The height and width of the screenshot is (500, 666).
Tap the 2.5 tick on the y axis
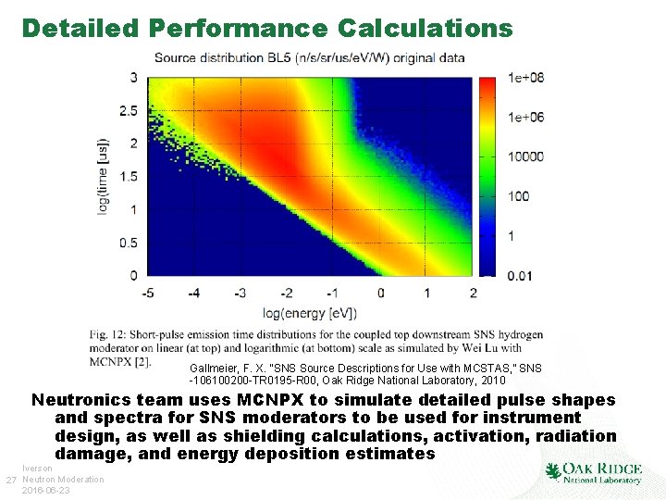128,111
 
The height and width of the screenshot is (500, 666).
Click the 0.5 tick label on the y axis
128,243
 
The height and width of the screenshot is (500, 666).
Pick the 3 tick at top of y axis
134,78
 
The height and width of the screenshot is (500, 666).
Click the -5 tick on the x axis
145,294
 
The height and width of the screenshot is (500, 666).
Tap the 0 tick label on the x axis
380,294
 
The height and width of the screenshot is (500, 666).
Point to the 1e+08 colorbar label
525,79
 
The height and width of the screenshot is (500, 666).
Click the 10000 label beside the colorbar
525,156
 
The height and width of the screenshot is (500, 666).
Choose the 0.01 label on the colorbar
521,275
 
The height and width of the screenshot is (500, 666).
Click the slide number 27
11,480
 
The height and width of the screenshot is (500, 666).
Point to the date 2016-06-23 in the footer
46,491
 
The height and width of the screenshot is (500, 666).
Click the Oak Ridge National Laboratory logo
593,472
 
